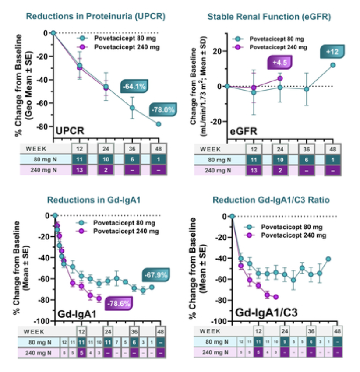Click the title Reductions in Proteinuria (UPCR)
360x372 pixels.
[95, 17]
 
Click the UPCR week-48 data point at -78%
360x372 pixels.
[159, 124]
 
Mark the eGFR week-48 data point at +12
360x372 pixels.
[333, 65]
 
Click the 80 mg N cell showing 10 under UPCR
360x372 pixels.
[106, 160]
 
